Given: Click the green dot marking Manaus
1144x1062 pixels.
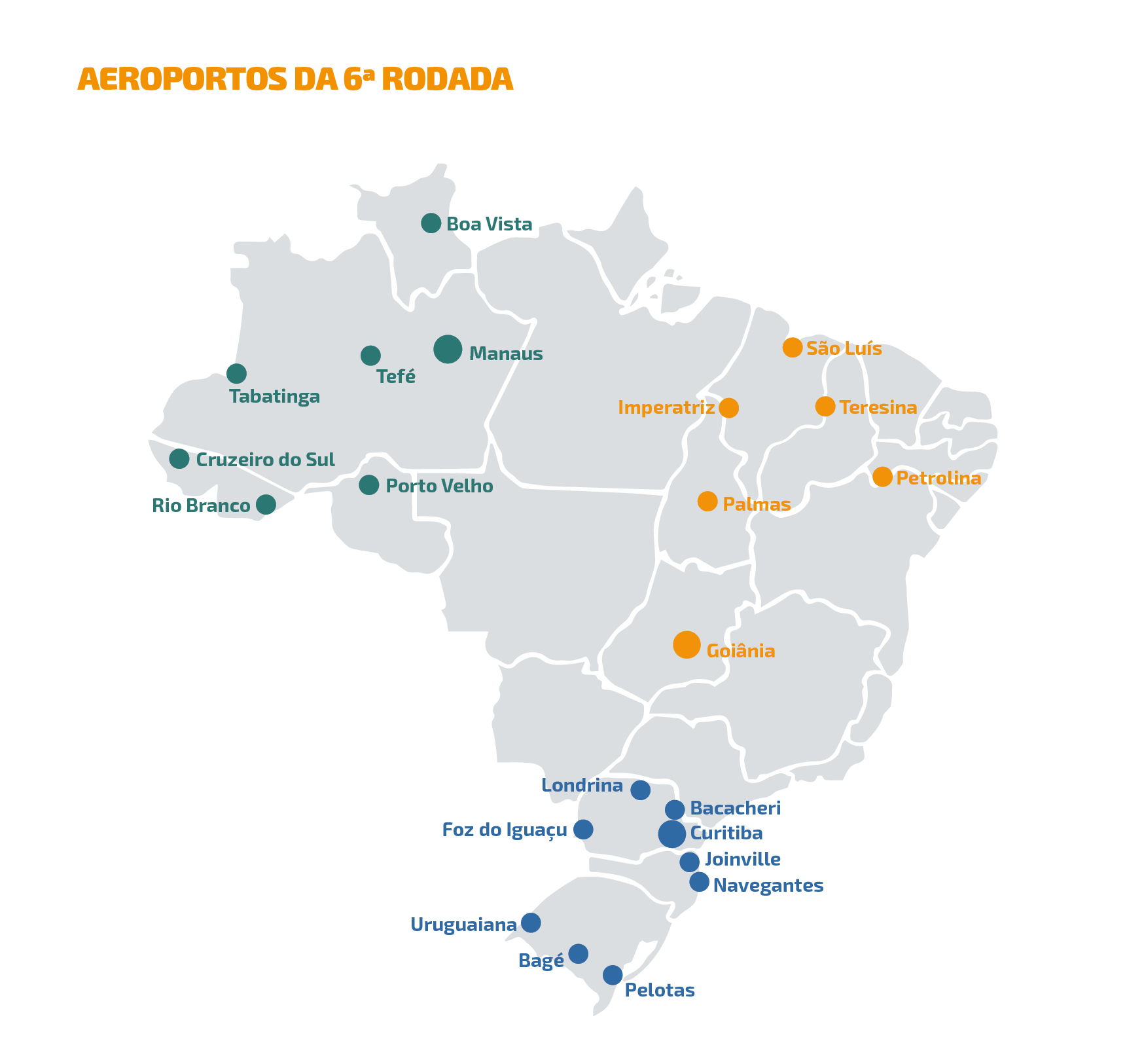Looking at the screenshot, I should point(448,349).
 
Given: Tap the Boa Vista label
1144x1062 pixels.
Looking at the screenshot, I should point(489,225).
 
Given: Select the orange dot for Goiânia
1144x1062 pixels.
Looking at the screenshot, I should point(687,645).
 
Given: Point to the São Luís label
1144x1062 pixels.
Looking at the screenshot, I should point(844,348).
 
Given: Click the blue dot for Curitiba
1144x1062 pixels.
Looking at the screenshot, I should point(672,834).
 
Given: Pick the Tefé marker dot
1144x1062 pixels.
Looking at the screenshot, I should point(370,356).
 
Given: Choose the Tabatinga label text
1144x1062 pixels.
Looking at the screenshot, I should point(274,397).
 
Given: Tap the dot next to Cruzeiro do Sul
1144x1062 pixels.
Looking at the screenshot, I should point(179,459).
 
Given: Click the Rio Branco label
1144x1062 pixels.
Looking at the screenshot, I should point(201,506).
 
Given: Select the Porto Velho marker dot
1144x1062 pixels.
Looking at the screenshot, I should point(369,485).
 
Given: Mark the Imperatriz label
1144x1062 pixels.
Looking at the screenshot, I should point(666,408).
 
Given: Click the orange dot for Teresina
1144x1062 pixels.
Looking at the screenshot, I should point(825,407).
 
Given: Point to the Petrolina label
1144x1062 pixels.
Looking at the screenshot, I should point(938,479).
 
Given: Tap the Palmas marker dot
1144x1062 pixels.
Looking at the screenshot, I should point(707,502).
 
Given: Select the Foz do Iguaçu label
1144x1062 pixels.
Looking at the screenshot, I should point(505,830).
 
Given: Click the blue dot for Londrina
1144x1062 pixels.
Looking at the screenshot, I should point(640,790).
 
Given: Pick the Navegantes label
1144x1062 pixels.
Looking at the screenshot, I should point(768,886).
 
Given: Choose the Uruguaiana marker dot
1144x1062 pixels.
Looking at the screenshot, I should point(531,923).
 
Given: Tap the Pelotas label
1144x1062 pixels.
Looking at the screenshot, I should point(660,990).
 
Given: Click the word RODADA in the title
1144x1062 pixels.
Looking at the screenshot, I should point(447,79).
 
